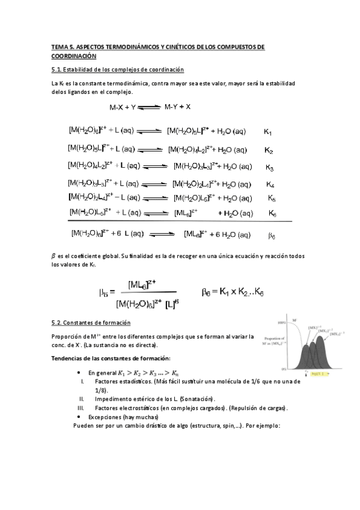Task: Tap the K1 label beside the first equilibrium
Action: click(268, 132)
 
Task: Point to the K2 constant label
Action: click(269, 150)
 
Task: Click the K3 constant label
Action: click(269, 168)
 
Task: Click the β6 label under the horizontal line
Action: click(271, 236)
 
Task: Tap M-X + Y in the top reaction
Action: click(122, 108)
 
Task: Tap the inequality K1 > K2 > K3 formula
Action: click(148, 373)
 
